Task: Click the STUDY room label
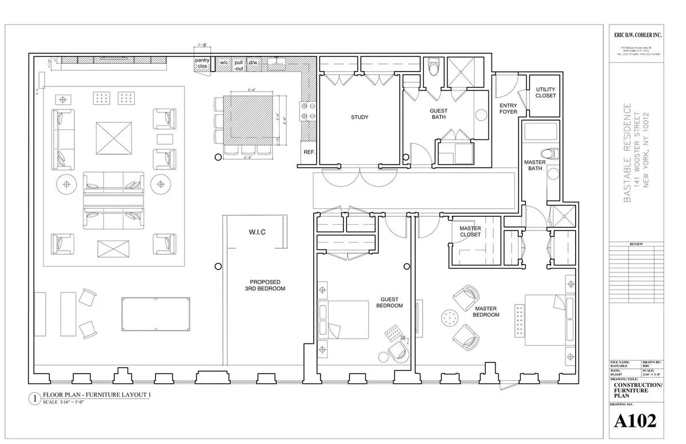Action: [360, 117]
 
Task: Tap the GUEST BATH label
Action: [438, 114]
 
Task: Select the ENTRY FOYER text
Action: [508, 109]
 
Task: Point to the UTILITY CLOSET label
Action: [545, 92]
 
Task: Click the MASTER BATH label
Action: [535, 165]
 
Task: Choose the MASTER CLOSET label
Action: [470, 231]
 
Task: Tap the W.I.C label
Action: [257, 232]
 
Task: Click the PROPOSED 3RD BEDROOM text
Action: [265, 286]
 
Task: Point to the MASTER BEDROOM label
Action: [486, 312]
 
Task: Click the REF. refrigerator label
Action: [309, 152]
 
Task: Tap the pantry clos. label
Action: [202, 63]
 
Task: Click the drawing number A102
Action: [635, 421]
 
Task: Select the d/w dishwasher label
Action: [253, 62]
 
